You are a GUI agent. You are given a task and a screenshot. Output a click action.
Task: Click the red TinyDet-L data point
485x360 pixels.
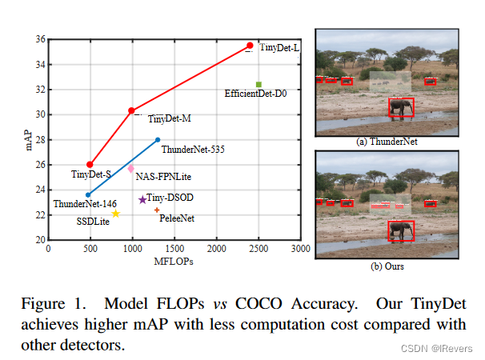click(250, 46)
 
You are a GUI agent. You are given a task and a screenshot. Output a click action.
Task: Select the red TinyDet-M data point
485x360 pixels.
click(131, 110)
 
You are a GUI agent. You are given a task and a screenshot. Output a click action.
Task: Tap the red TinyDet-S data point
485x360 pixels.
click(90, 165)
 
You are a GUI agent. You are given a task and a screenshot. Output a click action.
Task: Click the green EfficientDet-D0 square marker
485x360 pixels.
click(259, 84)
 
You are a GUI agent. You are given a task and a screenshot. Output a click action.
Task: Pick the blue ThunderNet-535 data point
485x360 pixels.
click(158, 140)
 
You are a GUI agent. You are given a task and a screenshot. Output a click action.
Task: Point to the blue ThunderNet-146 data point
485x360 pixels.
click(88, 194)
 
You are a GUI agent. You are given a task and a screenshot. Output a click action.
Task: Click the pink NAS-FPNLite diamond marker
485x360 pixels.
click(130, 169)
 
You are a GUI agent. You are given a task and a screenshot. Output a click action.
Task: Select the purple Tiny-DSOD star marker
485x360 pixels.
click(142, 200)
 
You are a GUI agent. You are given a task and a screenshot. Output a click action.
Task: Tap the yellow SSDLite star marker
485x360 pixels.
click(115, 214)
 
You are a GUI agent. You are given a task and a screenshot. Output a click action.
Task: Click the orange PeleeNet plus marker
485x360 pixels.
click(157, 210)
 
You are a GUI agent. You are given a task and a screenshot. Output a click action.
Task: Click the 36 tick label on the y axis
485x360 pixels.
click(39, 39)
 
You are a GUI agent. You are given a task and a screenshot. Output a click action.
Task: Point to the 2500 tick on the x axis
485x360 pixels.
click(259, 249)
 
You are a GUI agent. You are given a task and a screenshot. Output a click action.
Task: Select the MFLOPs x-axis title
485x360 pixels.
click(174, 261)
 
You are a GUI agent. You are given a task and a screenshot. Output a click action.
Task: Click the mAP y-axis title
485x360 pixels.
click(21, 138)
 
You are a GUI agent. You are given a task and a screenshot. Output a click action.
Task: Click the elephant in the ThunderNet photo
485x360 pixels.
click(401, 108)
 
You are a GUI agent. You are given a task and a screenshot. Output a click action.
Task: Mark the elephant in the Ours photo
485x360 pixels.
click(401, 231)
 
